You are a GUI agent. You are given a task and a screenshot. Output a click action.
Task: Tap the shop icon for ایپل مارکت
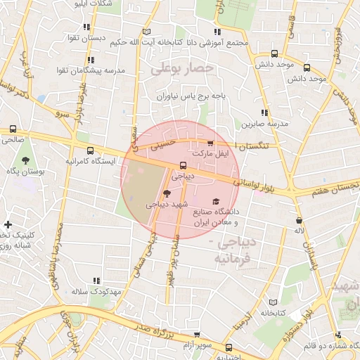(x=210, y=143)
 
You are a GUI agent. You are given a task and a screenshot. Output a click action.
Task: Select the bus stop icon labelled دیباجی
(x=184, y=166)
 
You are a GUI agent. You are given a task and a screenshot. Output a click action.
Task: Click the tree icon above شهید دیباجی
(x=167, y=193)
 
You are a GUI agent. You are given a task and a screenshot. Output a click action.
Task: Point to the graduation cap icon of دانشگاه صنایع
(x=215, y=202)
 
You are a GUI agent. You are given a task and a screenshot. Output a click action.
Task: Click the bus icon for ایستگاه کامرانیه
(x=90, y=150)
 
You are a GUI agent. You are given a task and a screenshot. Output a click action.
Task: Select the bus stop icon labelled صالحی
(x=13, y=129)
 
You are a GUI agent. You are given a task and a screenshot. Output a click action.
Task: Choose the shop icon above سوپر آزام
(x=196, y=335)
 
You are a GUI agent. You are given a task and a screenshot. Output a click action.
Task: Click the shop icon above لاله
(x=299, y=220)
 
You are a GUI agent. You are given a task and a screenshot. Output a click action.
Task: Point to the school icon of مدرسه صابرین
(x=264, y=112)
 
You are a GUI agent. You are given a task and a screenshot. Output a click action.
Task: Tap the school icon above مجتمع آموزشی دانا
(x=217, y=32)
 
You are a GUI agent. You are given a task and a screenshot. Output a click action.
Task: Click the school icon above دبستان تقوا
(x=87, y=27)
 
